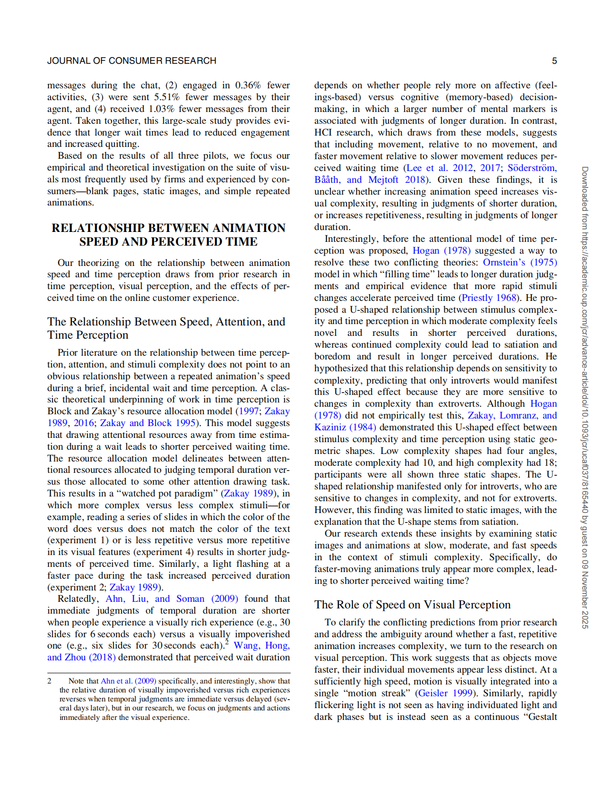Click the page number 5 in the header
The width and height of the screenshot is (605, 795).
point(554,61)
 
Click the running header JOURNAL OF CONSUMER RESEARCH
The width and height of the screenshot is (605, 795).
point(131,61)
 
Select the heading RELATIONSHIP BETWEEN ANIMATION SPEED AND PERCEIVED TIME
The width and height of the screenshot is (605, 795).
point(168,235)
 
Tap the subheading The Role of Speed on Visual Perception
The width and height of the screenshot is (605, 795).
point(412,605)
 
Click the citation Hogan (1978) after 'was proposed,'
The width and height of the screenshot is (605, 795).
point(441,250)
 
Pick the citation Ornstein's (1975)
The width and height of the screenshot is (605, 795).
point(519,262)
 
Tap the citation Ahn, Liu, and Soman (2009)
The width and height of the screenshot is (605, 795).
point(172,598)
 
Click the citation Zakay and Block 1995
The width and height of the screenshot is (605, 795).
point(147,423)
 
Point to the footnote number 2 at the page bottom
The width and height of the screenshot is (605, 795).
point(49,681)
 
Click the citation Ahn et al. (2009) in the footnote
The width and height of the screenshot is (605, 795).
point(128,681)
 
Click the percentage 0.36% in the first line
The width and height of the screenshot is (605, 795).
point(248,85)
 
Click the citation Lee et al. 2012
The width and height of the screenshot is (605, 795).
point(439,168)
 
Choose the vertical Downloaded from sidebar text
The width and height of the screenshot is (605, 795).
point(585,397)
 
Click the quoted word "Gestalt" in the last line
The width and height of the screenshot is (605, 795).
point(539,717)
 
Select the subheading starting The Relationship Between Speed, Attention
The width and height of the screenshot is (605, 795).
point(166,328)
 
